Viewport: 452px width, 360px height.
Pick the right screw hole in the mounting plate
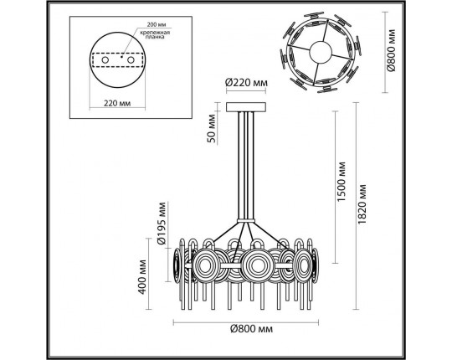pyautogui.click(x=131, y=60)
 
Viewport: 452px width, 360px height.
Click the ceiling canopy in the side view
pyautogui.click(x=246, y=106)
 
